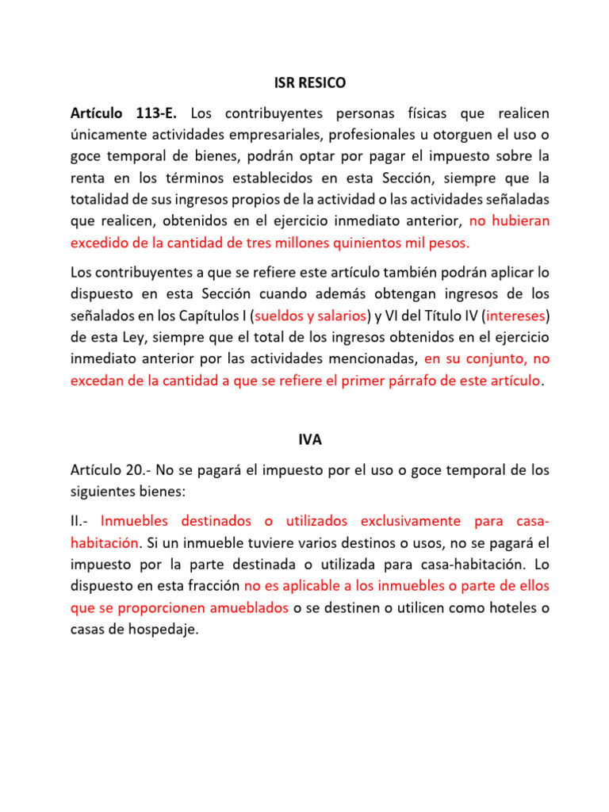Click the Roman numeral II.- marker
82,522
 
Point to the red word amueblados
243,607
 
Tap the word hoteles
500,607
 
